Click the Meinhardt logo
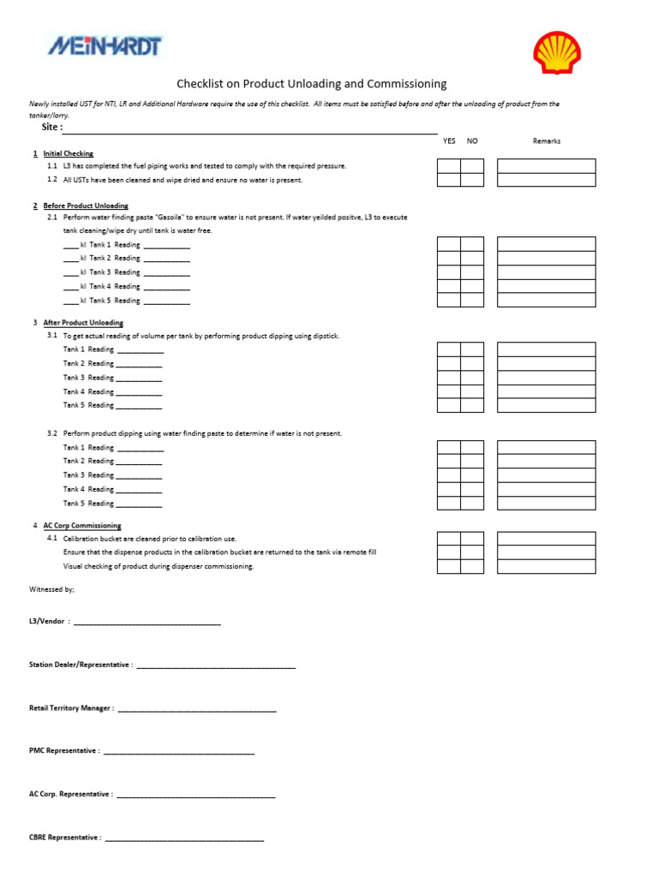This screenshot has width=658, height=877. [x=104, y=46]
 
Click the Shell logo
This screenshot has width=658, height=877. [x=557, y=53]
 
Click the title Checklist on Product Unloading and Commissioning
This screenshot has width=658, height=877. [x=311, y=84]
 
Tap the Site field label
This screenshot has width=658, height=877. [x=52, y=127]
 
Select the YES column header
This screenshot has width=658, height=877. [x=449, y=141]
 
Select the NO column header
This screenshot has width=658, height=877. [x=472, y=141]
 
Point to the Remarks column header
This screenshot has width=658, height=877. [x=546, y=141]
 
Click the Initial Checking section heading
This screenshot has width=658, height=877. [x=68, y=154]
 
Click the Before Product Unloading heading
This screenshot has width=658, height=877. [x=86, y=206]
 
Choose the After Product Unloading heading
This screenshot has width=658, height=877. [x=83, y=323]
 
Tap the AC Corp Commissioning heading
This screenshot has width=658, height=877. [x=82, y=526]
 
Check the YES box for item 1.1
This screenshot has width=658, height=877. [x=449, y=166]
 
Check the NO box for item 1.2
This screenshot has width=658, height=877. [x=472, y=180]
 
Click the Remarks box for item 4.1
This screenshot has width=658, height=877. [x=546, y=539]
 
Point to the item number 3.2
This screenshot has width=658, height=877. [x=52, y=433]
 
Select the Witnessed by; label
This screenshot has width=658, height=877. [x=51, y=589]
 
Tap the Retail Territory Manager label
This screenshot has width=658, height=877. [x=71, y=708]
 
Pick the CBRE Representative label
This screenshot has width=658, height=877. [x=65, y=838]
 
